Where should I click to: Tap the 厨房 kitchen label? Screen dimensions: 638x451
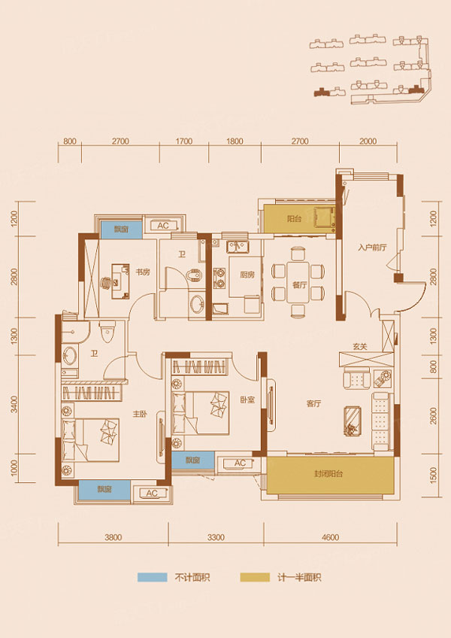pos(248,275)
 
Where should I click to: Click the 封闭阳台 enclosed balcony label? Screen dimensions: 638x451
pos(330,475)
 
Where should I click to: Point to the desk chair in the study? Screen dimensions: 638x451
pos(105,283)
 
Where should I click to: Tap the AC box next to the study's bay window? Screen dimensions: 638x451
pos(162,226)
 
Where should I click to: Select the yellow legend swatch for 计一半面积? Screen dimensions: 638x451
pos(255,578)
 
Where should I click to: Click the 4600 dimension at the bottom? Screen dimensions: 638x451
pos(330,537)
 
